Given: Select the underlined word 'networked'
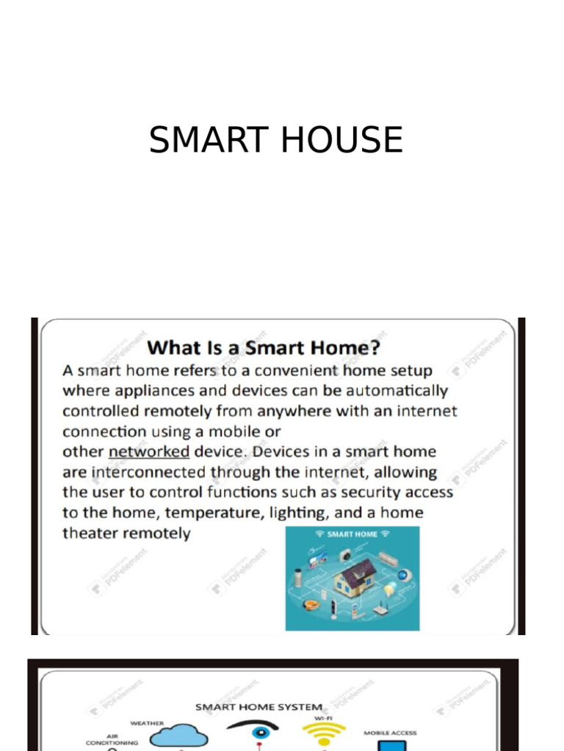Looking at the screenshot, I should (149, 451).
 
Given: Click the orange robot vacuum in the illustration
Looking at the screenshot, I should (312, 605).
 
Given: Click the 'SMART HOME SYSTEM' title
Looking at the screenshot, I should (258, 707).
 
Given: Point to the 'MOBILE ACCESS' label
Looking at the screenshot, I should (390, 733).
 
